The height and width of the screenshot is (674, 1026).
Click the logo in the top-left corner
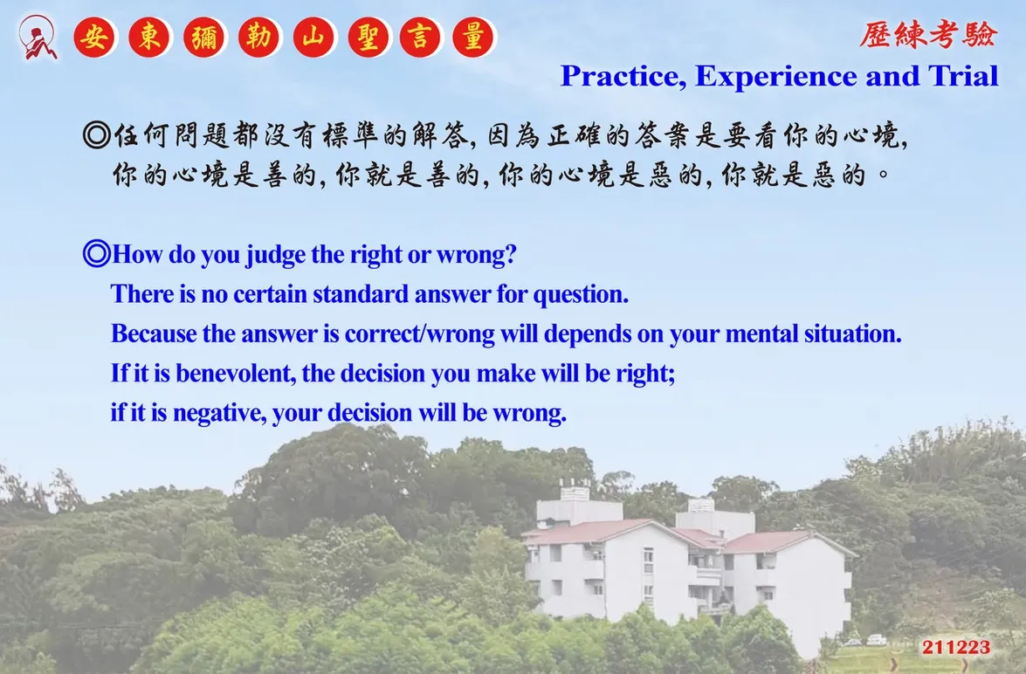(x=38, y=38)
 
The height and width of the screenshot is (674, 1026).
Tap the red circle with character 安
(x=95, y=38)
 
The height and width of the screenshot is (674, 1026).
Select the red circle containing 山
(x=313, y=38)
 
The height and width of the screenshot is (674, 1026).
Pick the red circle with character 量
(x=473, y=38)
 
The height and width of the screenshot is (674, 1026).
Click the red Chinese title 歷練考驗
(x=928, y=35)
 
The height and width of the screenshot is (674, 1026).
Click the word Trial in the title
(x=963, y=75)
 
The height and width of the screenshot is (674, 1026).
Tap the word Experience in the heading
(x=776, y=77)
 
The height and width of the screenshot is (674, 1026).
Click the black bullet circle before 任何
(x=97, y=135)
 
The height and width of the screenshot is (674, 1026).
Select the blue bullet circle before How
(x=97, y=253)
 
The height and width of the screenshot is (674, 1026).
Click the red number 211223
(x=956, y=647)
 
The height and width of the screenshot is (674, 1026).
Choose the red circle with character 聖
(x=368, y=38)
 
